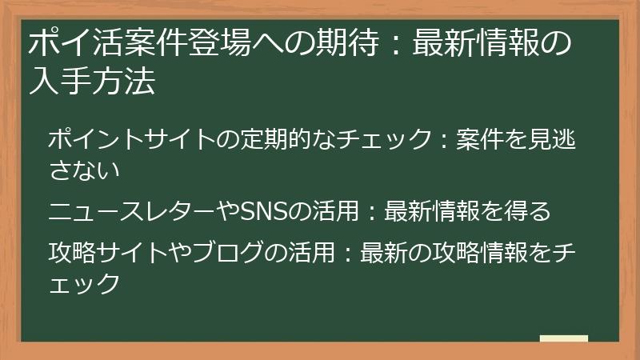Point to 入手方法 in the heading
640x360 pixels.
tap(90, 82)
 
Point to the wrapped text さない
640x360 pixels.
tap(83, 169)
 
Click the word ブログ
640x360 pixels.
tap(228, 253)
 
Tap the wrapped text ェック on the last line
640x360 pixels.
tap(83, 282)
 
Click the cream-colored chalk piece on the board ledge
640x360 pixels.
tap(563, 338)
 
